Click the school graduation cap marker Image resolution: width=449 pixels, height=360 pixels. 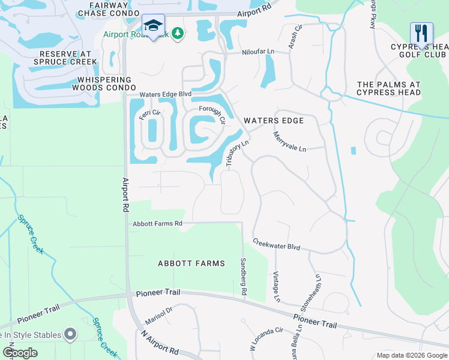[x=153, y=26]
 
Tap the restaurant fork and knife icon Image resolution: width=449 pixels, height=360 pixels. [x=421, y=33]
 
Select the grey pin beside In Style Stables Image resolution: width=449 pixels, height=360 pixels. [x=70, y=334]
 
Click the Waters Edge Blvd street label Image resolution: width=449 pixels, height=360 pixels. [x=165, y=95]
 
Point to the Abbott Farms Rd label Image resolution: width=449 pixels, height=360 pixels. [x=157, y=224]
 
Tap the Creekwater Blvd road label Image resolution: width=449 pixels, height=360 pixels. [x=276, y=245]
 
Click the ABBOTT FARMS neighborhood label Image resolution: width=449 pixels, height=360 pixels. [x=191, y=263]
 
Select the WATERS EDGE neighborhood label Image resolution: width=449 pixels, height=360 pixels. [x=274, y=121]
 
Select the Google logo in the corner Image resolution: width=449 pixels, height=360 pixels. [x=20, y=353]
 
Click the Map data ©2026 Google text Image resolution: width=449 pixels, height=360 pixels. [x=411, y=355]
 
